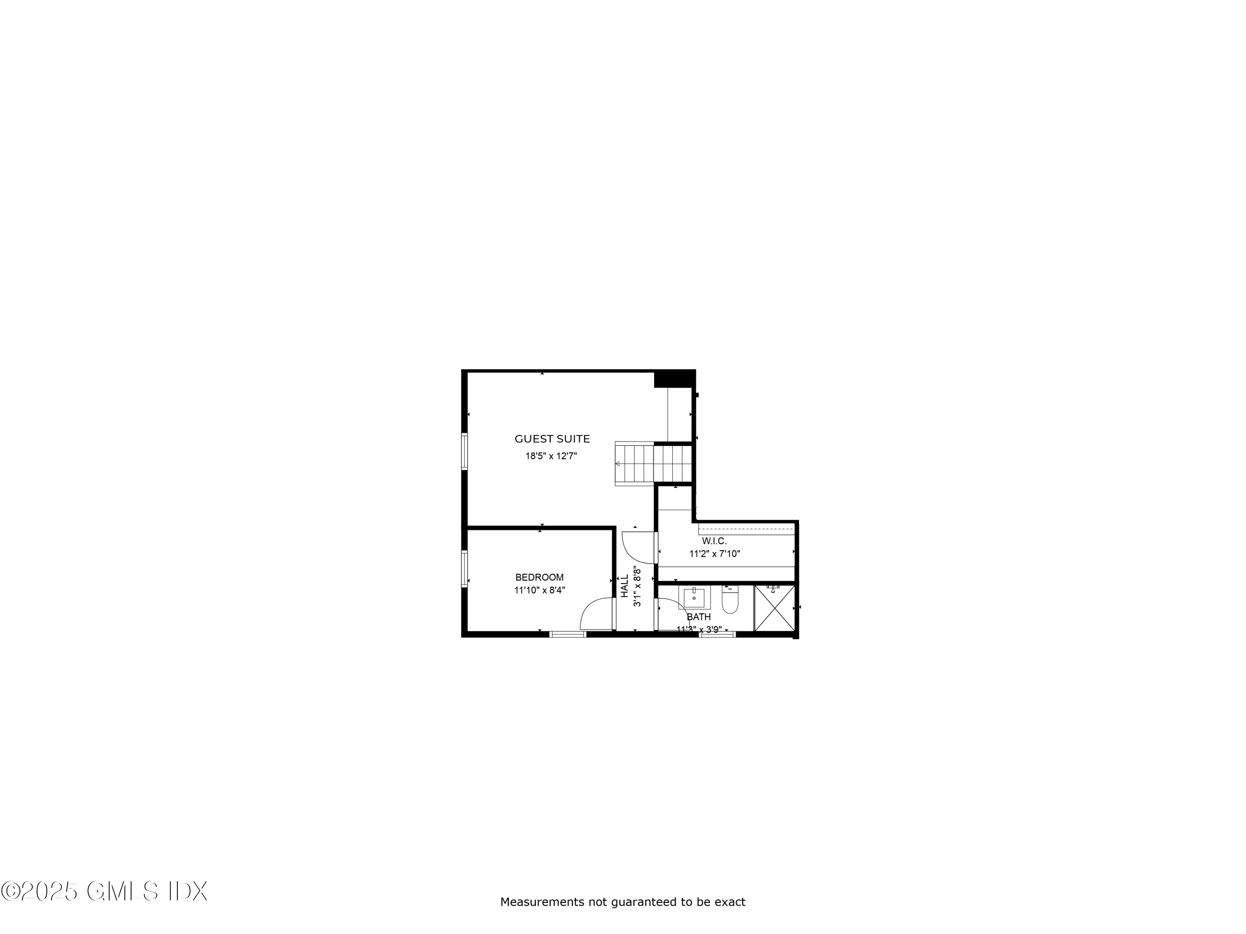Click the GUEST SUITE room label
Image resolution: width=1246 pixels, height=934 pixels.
[552, 439]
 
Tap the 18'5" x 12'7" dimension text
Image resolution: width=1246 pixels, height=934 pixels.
[551, 456]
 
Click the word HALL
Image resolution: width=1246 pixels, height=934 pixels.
[625, 586]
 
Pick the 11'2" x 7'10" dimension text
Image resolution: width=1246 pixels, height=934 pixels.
[714, 554]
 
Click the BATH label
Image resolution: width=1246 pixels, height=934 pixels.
[699, 617]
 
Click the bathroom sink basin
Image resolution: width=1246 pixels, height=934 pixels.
[694, 597]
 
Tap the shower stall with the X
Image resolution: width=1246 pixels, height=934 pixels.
[775, 608]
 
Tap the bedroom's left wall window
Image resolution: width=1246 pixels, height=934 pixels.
[465, 569]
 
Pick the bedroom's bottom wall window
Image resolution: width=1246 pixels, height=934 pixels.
[568, 634]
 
